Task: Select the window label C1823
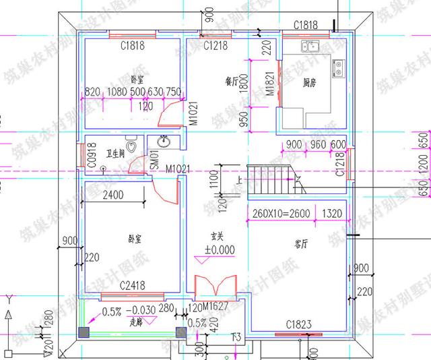coord(298,325)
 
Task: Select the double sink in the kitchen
coord(311,46)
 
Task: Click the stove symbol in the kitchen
coord(337,67)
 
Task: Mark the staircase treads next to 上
coord(269,181)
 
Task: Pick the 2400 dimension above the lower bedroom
coord(112,196)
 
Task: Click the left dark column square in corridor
coord(84,332)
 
